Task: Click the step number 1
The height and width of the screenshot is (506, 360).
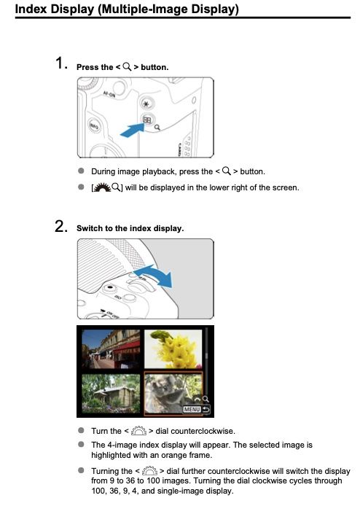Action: pos(60,63)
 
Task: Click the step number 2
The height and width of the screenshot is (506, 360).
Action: pos(60,226)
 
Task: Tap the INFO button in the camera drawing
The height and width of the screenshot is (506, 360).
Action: pos(94,126)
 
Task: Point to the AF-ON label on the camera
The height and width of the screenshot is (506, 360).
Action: pos(109,95)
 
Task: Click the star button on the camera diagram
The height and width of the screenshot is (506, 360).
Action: pos(146,104)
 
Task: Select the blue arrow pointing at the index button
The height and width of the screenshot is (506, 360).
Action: pos(132,130)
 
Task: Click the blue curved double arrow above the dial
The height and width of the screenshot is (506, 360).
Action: pos(154,276)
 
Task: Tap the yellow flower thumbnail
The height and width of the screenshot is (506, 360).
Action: pos(173,349)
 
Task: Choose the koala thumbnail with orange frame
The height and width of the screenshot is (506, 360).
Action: pos(173,393)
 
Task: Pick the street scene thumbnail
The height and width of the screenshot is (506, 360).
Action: pos(111,349)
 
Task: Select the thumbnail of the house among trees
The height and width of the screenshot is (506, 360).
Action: pos(111,394)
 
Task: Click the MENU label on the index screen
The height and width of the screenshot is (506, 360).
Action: pos(192,409)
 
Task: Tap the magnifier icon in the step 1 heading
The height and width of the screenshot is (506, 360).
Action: pos(127,67)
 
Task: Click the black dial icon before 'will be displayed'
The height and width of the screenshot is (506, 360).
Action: pos(103,187)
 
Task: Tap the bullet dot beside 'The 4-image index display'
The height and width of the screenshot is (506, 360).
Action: pos(81,444)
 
